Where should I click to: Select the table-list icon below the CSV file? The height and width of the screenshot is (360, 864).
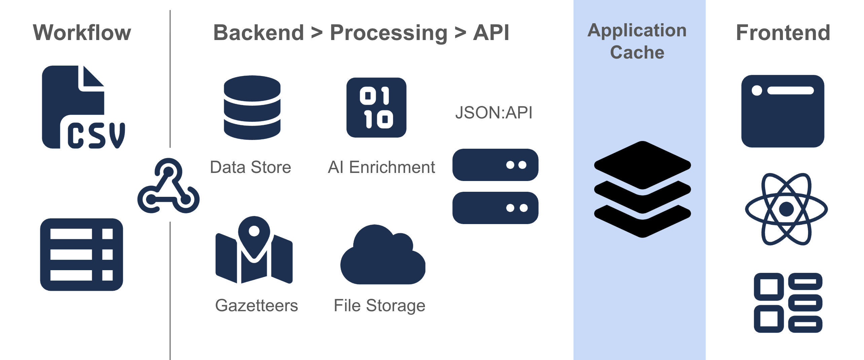click(x=81, y=254)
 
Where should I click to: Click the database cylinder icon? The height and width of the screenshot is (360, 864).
click(x=252, y=108)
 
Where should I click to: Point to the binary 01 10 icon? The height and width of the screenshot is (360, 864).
click(x=376, y=108)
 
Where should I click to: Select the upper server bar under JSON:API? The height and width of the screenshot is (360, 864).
click(x=495, y=165)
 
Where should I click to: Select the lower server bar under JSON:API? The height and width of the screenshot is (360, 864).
click(x=495, y=208)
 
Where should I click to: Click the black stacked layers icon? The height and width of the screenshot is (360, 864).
click(x=642, y=189)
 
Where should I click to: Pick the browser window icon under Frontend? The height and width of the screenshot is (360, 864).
click(x=783, y=111)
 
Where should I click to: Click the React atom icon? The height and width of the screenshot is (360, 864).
click(x=786, y=209)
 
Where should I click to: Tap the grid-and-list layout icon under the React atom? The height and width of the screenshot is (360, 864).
click(x=788, y=302)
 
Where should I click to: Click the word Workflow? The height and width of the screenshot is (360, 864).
click(x=82, y=33)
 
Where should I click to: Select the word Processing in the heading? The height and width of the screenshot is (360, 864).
click(x=389, y=33)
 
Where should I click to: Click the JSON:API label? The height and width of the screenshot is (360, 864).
click(x=494, y=112)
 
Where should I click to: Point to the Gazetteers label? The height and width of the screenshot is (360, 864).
click(x=256, y=305)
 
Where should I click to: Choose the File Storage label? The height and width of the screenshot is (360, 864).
click(x=379, y=305)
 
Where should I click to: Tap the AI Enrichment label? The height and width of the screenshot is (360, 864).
click(x=381, y=167)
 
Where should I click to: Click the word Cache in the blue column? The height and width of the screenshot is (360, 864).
click(x=637, y=52)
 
